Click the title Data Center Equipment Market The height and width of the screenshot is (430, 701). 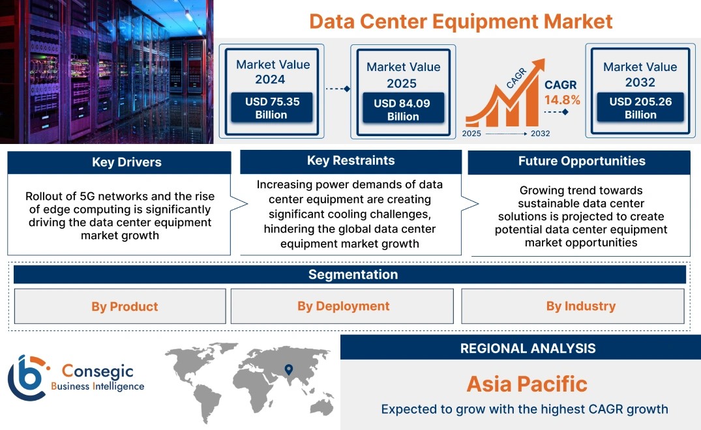pos(460,21)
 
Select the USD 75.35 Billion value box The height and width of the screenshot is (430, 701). pos(271,107)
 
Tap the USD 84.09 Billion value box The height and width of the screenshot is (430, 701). pos(403,109)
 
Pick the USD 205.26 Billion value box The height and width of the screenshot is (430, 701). pos(640,107)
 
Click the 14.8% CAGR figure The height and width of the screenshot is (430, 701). pos(562,100)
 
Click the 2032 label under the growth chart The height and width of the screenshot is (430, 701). pos(540,134)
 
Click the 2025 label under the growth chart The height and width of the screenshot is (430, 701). pos(471,134)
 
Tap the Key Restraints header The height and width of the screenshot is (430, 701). pos(351,161)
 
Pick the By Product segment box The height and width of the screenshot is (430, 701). pos(120,306)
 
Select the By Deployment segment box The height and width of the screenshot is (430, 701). pos(342,306)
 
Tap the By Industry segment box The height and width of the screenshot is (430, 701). pos(573,306)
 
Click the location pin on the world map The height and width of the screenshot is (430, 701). pos(289,369)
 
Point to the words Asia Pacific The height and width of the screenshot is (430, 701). pos(527,384)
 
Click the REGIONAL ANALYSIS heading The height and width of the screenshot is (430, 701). pos(528,349)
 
